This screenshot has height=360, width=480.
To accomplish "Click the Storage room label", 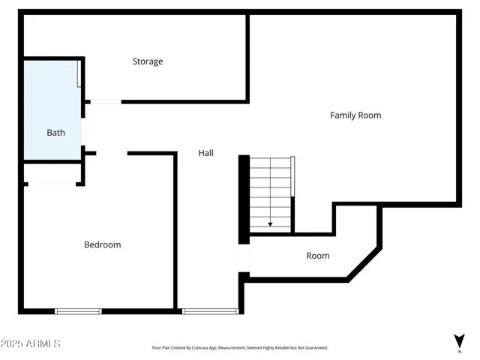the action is point(148,61).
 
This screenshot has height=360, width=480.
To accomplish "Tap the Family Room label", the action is point(355,115).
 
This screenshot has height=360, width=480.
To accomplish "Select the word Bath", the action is point(55,133).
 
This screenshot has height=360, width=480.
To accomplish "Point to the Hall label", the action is point(206,153).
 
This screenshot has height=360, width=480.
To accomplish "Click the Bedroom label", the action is point(103,244).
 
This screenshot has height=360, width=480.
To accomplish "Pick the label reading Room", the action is point(318,256).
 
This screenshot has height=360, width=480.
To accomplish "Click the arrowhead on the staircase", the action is point(270,224).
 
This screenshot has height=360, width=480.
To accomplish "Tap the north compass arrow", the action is point(459,341).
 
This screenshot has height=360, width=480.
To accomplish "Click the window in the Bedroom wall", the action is point(78,311).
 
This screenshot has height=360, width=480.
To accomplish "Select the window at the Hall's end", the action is point(210,311).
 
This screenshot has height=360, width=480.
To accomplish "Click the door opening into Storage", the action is point(106,102).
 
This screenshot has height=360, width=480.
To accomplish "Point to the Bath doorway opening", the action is point(83,132).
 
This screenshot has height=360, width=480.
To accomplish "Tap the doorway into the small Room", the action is point(244,258).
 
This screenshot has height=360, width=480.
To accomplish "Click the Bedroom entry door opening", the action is point(112,153).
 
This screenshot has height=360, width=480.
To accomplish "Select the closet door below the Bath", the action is point(52,184).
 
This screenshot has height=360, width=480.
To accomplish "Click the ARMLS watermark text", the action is point(30,343).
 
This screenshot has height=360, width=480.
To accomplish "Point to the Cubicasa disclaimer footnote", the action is point(240,348).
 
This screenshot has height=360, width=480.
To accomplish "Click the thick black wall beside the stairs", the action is point(244,199).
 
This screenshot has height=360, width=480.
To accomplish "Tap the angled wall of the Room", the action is point(364,265).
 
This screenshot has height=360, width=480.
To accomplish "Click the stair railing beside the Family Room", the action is point(292,176).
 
